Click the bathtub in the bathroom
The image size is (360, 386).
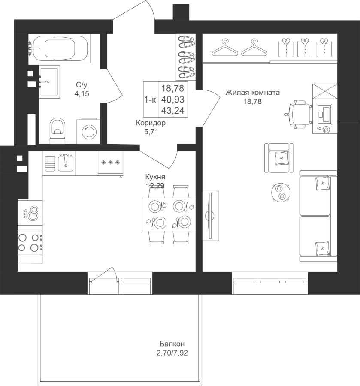click(x=59, y=48)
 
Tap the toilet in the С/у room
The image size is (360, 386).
click(x=57, y=130)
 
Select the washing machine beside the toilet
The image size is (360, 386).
click(x=89, y=132)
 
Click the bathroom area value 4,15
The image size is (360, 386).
click(x=82, y=94)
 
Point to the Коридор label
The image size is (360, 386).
click(x=151, y=123)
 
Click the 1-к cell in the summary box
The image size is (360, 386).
click(x=150, y=100)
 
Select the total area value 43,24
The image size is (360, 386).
click(x=173, y=111)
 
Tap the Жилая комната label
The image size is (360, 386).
click(x=252, y=93)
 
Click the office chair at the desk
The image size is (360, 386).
click(x=299, y=114)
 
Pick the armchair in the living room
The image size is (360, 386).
click(x=279, y=158)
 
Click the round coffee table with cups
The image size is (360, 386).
click(x=281, y=193)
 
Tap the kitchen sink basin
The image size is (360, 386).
click(x=66, y=163)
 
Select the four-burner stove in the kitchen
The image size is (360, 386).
click(x=30, y=242)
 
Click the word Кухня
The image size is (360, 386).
click(x=155, y=177)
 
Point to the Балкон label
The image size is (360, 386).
click(x=172, y=344)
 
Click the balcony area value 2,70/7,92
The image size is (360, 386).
click(x=172, y=353)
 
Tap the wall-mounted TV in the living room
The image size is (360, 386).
click(x=210, y=215)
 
